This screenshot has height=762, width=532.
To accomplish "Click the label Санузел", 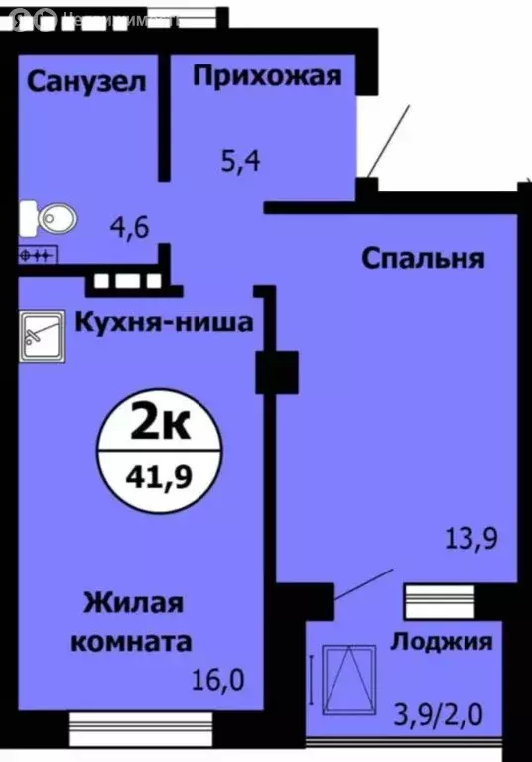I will pos(86,81).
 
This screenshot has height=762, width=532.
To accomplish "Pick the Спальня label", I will pos(422,259).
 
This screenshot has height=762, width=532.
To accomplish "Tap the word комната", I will pos(131,641).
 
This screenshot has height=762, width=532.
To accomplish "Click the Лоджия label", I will pos(442,641).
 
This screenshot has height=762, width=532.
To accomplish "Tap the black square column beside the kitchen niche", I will pos(277,373).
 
